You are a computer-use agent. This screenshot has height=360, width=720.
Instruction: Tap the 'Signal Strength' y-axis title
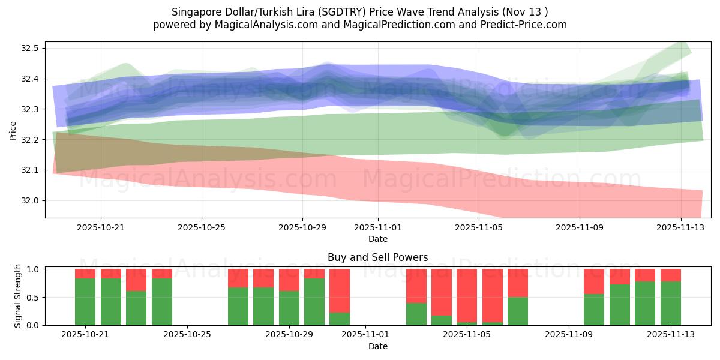[18, 296]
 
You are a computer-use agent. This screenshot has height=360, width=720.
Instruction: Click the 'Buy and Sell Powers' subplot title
[377, 257]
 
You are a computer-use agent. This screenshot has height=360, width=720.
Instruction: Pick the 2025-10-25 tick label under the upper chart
[202, 227]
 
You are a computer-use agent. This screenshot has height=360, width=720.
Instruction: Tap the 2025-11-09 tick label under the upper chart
[579, 227]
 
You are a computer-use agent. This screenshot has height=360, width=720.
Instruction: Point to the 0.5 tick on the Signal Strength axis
[33, 297]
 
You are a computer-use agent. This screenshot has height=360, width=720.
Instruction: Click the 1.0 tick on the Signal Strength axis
[33, 269]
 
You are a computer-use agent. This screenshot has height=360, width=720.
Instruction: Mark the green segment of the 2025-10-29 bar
[289, 308]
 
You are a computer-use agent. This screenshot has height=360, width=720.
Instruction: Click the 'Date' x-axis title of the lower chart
[377, 346]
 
